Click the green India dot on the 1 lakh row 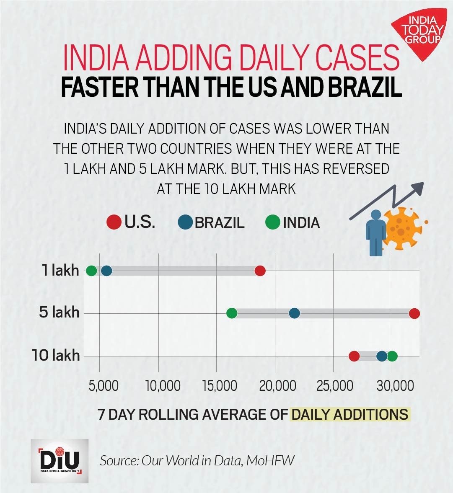pyautogui.click(x=91, y=271)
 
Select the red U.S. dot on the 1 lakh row pyautogui.click(x=260, y=271)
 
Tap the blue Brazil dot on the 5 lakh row pyautogui.click(x=295, y=313)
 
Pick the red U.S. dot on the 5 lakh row pyautogui.click(x=414, y=313)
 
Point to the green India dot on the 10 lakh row pyautogui.click(x=392, y=356)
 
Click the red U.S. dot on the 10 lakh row pyautogui.click(x=354, y=356)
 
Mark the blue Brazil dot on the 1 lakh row pyautogui.click(x=107, y=271)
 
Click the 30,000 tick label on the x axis pyautogui.click(x=395, y=385)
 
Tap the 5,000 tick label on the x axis pyautogui.click(x=103, y=385)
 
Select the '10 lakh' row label pyautogui.click(x=56, y=356)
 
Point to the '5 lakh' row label pyautogui.click(x=59, y=312)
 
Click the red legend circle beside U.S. pyautogui.click(x=114, y=222)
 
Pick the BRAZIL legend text pyautogui.click(x=219, y=222)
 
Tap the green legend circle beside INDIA pyautogui.click(x=273, y=222)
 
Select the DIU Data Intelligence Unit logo pyautogui.click(x=60, y=461)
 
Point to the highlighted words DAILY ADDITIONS pyautogui.click(x=350, y=414)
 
